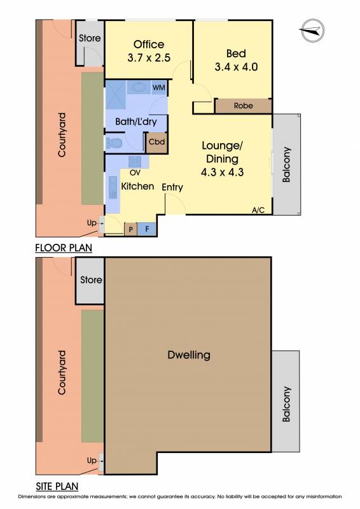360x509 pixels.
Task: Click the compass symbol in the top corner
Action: tap(312, 31)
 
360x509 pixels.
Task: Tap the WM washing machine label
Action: tap(159, 88)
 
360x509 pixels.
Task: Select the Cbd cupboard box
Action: tap(157, 142)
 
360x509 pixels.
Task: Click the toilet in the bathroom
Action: tap(114, 143)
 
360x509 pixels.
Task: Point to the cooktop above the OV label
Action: tap(135, 162)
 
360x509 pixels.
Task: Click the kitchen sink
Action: tap(113, 187)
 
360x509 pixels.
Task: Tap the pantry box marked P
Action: tap(131, 229)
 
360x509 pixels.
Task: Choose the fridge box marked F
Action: tap(147, 229)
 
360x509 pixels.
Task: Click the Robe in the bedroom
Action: tap(244, 106)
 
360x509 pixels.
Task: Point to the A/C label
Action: tap(258, 210)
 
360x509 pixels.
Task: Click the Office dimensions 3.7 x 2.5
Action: tap(149, 58)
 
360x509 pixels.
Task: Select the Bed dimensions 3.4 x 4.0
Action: tap(237, 67)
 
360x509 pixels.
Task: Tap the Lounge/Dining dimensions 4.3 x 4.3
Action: tap(223, 172)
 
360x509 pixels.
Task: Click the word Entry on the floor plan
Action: tap(172, 187)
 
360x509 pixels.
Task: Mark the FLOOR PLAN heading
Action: tap(64, 248)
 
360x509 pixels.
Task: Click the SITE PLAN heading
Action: tap(57, 486)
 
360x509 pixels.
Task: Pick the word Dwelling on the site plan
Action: tap(189, 355)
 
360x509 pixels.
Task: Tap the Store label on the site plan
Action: tap(91, 279)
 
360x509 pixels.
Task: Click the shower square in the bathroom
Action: tap(116, 95)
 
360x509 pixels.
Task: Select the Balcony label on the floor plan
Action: tap(286, 165)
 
